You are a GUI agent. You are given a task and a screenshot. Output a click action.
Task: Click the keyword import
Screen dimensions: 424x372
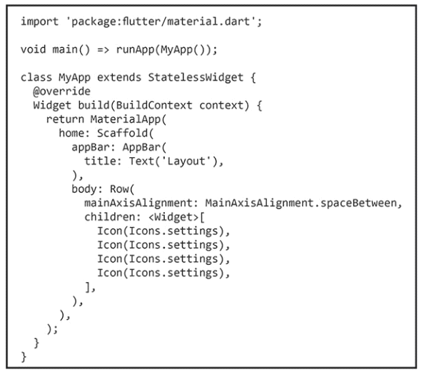[x=39, y=21]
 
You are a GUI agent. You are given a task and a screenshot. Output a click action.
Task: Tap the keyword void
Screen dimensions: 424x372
[x=34, y=49]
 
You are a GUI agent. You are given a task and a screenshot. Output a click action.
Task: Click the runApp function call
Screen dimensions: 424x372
[x=135, y=49]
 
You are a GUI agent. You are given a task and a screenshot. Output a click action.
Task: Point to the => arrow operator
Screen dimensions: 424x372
[x=103, y=50]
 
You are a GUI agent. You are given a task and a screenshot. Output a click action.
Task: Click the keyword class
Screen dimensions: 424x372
[x=36, y=77]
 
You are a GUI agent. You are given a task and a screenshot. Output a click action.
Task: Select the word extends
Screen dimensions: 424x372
[x=119, y=77]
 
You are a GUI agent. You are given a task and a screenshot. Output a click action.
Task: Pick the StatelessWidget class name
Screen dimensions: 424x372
[x=196, y=77]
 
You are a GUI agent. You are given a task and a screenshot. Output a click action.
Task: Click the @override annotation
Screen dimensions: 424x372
[x=61, y=91]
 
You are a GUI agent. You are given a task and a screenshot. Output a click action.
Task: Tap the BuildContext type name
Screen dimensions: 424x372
[x=154, y=105]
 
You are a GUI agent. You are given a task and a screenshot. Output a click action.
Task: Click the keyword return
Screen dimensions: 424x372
[x=65, y=119]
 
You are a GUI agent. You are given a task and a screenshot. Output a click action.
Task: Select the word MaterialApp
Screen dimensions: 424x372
[x=126, y=119]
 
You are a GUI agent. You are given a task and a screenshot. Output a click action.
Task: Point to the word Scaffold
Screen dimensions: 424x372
[x=122, y=133]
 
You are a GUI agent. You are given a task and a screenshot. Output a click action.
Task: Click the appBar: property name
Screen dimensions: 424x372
[x=94, y=147]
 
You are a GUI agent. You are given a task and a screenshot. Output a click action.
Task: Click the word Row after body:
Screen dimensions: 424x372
[x=119, y=189]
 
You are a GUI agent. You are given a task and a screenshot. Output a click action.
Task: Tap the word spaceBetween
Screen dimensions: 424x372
[x=358, y=203]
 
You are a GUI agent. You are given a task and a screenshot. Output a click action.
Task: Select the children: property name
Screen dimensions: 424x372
[x=113, y=217]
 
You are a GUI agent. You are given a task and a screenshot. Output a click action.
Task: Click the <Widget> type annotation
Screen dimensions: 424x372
[x=173, y=217]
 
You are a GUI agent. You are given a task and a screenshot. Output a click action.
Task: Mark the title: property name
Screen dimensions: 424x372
[x=103, y=161]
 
